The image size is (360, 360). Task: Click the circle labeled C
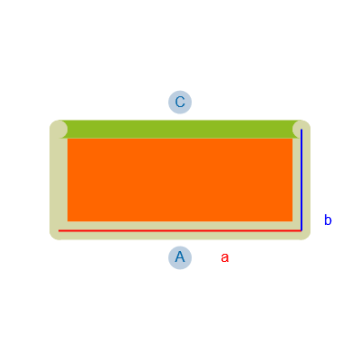180,102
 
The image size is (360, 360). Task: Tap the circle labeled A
180,257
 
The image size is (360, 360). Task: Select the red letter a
225,258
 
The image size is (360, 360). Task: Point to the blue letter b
328,220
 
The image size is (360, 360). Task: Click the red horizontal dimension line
180,230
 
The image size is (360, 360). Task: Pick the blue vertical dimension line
301,180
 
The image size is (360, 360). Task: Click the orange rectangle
180,180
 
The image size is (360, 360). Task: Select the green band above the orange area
180,130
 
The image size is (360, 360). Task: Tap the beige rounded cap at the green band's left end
58,130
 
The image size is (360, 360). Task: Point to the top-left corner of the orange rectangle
67,139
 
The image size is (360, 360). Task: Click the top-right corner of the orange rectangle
292,139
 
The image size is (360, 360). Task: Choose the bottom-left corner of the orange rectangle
67,221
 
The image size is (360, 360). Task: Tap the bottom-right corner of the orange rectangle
292,221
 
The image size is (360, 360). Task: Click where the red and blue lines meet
301,230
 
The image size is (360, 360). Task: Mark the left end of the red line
58,230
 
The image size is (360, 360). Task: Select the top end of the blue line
301,129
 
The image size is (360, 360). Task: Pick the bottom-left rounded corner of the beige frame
53,237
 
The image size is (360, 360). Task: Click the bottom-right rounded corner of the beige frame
307,237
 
